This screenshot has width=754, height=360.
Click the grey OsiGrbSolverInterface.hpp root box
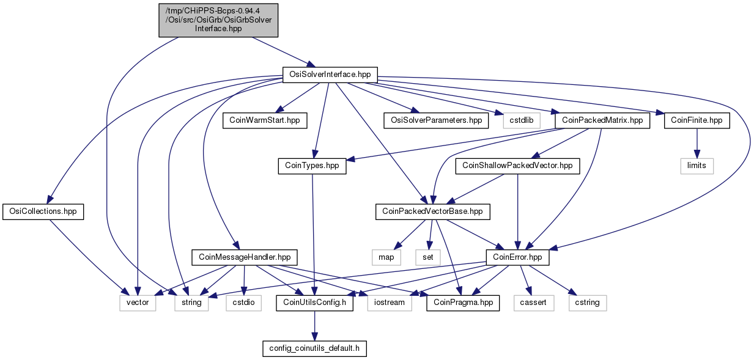(218, 20)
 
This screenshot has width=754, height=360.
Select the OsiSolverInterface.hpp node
(330, 75)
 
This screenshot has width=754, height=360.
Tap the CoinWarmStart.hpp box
(265, 120)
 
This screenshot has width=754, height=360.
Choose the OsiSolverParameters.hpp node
(436, 120)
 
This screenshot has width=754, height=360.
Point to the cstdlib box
(522, 120)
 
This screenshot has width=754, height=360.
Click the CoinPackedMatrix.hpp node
(602, 120)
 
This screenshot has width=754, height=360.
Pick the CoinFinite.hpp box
(697, 120)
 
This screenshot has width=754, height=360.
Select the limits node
(697, 166)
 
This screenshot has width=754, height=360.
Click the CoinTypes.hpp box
(312, 166)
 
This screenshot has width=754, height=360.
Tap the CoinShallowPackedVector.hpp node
(517, 166)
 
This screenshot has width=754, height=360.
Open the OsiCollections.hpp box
(43, 211)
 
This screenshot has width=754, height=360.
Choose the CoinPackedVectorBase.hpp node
(432, 211)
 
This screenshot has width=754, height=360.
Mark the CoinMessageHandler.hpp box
(245, 257)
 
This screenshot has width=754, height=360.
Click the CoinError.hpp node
(517, 257)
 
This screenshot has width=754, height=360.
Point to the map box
(386, 257)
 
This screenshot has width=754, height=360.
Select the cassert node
(533, 303)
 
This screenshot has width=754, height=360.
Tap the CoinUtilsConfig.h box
(314, 303)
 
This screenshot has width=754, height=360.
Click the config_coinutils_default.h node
(314, 348)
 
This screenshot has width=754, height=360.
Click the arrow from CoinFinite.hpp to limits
(697, 143)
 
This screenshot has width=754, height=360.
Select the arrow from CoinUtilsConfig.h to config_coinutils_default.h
(314, 326)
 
